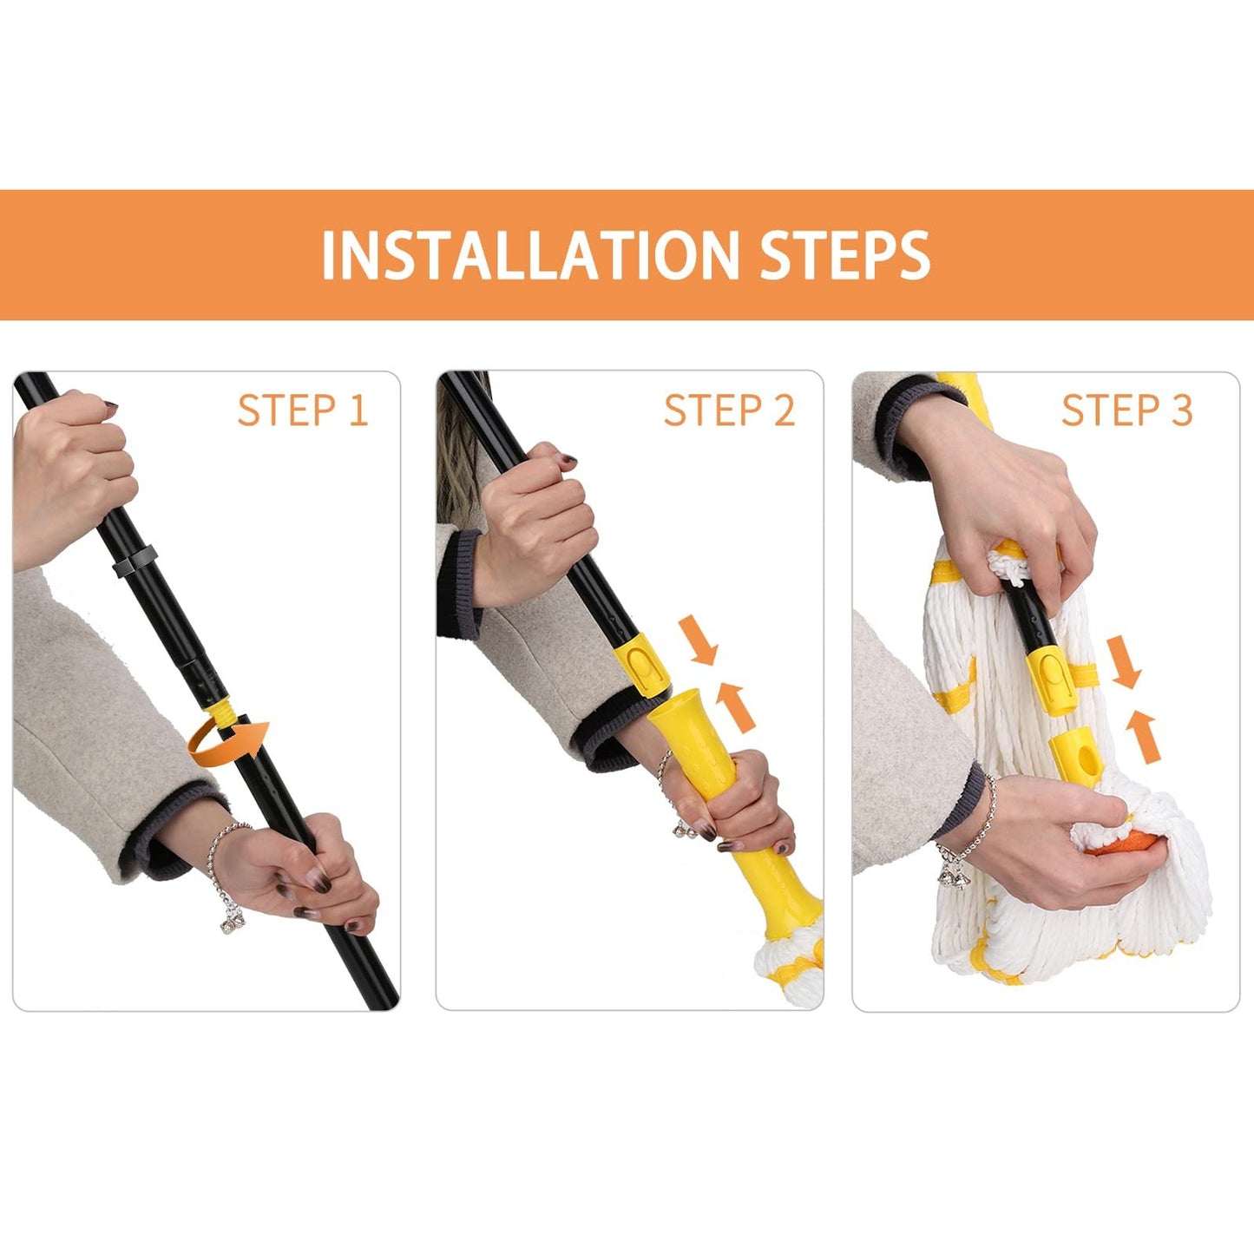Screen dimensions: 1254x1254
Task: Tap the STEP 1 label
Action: tap(303, 410)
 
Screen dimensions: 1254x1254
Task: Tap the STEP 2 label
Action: tap(729, 410)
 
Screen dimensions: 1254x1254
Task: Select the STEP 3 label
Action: tap(1127, 410)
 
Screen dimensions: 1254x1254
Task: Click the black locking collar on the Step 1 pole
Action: tap(135, 561)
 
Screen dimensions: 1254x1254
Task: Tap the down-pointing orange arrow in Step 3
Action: tap(1124, 662)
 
